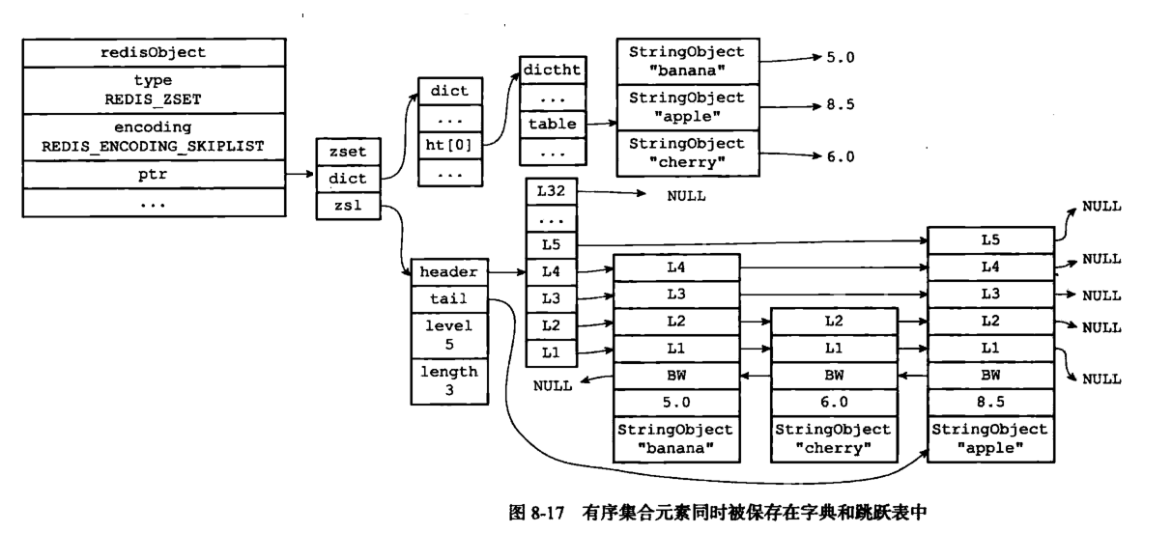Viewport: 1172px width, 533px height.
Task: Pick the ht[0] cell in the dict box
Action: click(x=449, y=145)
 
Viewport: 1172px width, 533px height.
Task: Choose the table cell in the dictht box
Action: click(x=552, y=124)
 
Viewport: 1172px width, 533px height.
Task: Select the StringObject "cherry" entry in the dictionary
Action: click(x=686, y=152)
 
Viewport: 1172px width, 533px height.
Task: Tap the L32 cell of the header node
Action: click(x=551, y=192)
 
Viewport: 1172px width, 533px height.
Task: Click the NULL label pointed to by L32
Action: click(x=686, y=195)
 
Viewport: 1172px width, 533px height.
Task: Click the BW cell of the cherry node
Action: click(x=834, y=376)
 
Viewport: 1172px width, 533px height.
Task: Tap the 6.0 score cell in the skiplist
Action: click(x=834, y=401)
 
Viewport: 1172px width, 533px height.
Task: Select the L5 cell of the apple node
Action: click(x=990, y=239)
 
